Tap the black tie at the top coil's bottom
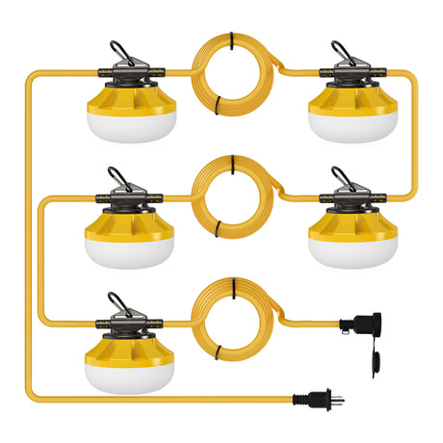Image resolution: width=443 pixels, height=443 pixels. tap(221, 102)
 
